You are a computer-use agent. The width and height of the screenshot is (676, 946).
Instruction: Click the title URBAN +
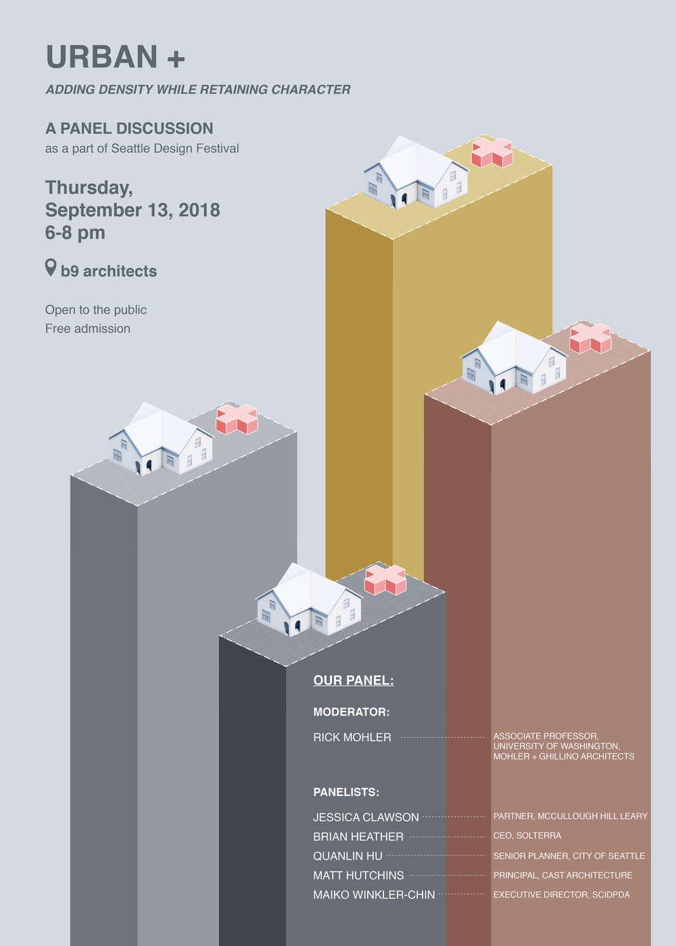click(115, 57)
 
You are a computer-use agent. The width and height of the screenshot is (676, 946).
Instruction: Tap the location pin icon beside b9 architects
click(51, 268)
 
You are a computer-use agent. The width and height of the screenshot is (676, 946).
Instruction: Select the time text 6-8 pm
click(75, 233)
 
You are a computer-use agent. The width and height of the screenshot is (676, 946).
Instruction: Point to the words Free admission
click(88, 329)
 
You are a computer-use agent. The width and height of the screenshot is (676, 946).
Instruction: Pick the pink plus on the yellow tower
click(491, 153)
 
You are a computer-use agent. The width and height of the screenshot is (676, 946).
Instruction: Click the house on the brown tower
click(514, 361)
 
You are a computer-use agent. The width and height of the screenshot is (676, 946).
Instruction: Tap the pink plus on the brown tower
click(590, 339)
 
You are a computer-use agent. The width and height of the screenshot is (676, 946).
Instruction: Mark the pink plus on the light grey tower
click(237, 420)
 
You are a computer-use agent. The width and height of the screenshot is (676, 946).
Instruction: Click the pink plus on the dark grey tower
click(385, 580)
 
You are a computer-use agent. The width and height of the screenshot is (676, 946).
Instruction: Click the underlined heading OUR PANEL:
click(354, 680)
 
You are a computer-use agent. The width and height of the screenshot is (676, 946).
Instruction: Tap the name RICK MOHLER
click(352, 737)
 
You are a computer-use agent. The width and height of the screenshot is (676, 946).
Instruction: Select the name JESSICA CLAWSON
click(366, 818)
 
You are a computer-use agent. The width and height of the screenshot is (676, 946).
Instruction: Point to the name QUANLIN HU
click(347, 856)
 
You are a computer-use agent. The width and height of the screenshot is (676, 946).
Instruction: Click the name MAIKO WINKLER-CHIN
click(374, 895)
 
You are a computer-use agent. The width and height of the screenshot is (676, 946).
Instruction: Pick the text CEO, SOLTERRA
click(527, 836)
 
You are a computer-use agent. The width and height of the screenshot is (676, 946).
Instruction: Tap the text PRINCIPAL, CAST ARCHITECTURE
click(562, 875)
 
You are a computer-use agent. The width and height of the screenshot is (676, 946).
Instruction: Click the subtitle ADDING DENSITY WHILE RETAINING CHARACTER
click(198, 89)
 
